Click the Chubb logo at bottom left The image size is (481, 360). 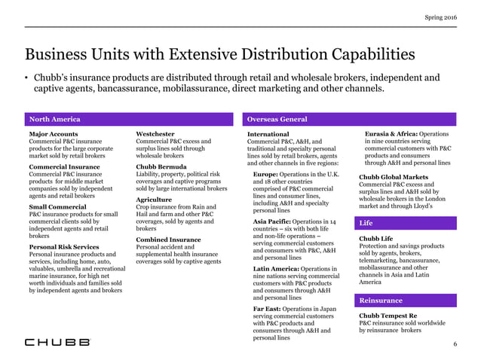pyautogui.click(x=57, y=342)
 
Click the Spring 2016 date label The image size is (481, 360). pyautogui.click(x=441, y=17)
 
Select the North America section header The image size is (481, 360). pyautogui.click(x=54, y=119)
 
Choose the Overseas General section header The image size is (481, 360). pyautogui.click(x=277, y=119)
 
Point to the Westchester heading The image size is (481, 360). pyautogui.click(x=155, y=134)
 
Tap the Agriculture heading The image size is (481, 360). pyautogui.click(x=155, y=199)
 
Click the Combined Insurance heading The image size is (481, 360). pyautogui.click(x=168, y=239)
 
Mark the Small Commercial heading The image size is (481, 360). pyautogui.click(x=57, y=206)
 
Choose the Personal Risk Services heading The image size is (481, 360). pyautogui.click(x=64, y=247)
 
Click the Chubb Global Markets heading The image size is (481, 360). pyautogui.click(x=392, y=178)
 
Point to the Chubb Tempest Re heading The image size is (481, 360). pyautogui.click(x=389, y=316)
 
